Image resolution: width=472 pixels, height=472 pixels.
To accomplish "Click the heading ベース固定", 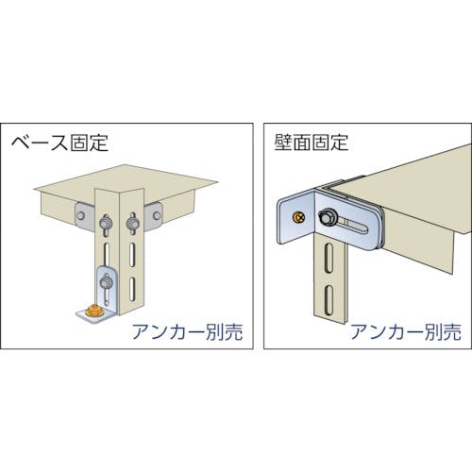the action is pos(59,143).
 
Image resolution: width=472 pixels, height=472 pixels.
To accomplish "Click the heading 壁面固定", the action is pos(312,143).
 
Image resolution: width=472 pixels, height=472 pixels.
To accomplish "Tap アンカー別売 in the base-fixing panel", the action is pos(188,331).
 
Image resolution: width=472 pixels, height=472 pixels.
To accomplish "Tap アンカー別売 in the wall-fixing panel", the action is pos(406,331).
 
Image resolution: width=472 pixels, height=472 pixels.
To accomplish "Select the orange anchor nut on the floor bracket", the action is pos(93,311).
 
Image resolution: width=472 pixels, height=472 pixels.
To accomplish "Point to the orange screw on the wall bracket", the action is pos(298,218).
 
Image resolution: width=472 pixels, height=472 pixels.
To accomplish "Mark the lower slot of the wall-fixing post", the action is pos(329,300).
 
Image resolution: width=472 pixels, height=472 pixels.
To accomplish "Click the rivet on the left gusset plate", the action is pos(81,215).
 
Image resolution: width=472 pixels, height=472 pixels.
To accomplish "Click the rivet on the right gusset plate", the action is pos(157,215).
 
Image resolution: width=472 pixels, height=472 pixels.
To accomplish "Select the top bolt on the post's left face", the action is pos(104,223).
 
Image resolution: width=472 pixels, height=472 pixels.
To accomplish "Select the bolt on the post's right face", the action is pos(131,224).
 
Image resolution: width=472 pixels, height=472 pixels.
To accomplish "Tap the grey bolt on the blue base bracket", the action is pos(105,282).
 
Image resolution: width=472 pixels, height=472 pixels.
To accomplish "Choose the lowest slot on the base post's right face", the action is pos(132,289).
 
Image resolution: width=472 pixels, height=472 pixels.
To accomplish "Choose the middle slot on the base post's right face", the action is pos(132,254).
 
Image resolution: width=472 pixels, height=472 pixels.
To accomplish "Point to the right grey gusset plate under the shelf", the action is pos(153,216).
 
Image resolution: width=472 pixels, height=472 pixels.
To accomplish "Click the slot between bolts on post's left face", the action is pos(107,254).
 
